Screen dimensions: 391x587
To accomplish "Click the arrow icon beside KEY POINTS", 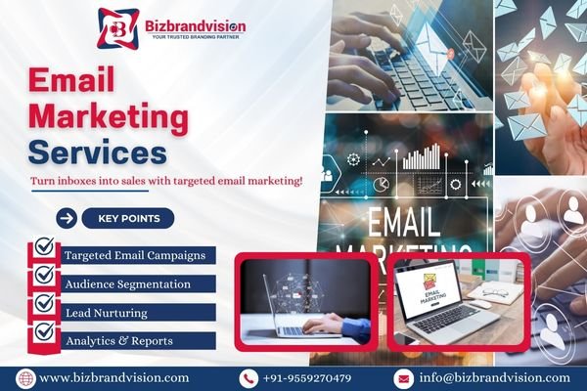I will point(68,219).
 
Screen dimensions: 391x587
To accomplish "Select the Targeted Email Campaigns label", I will point(134,255).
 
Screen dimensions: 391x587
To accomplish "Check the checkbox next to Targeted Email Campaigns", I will point(43,250).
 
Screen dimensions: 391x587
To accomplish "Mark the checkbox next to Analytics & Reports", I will point(43,334).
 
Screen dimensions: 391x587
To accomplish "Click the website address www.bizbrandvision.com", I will point(114,377).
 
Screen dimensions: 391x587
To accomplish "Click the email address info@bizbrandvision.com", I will point(494,377).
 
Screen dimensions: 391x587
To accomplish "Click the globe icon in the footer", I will point(24,377).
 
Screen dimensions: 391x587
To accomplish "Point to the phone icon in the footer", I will point(248,377).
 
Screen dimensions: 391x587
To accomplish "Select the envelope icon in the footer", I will point(404,377).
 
